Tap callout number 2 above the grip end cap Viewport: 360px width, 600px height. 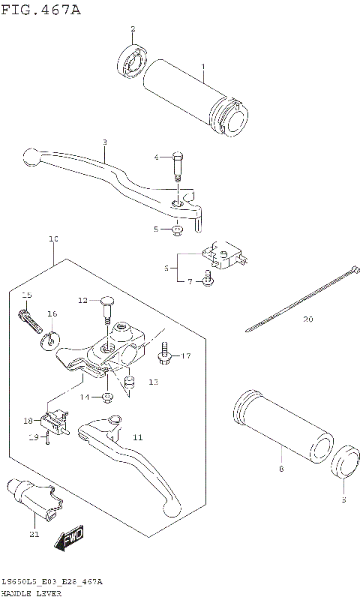tap(133, 29)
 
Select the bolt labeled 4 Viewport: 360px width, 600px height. tap(178, 166)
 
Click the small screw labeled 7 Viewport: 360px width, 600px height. tap(210, 281)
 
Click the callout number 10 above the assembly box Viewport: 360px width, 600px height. tap(53, 239)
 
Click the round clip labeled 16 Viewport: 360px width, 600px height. tap(49, 337)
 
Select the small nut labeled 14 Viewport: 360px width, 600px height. tap(108, 396)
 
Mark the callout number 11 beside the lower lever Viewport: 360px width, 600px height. tap(137, 436)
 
